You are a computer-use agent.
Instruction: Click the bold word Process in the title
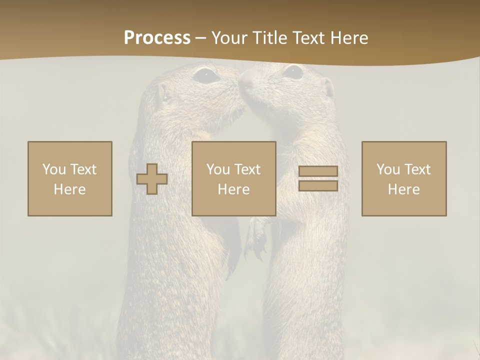157,38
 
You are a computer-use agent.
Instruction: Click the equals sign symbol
318,178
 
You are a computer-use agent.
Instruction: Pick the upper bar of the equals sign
318,171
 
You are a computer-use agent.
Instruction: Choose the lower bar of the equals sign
318,185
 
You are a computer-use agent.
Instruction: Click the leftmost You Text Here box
70,178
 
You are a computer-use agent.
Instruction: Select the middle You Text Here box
234,178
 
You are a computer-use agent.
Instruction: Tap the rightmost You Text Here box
404,178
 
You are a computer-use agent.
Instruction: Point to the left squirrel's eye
205,75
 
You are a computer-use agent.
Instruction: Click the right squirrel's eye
292,72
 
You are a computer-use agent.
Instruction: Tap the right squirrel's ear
328,87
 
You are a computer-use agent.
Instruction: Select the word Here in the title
349,38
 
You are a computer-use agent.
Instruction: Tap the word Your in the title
230,38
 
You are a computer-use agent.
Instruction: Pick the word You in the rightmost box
388,169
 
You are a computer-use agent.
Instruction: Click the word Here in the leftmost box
70,189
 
